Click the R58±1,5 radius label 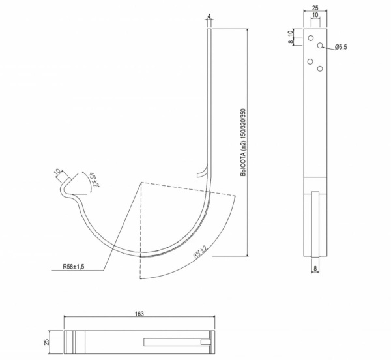pyautogui.click(x=74, y=267)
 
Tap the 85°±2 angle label pyautogui.click(x=201, y=252)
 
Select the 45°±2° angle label pyautogui.click(x=94, y=179)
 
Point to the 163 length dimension pyautogui.click(x=139, y=314)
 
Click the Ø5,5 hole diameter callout pyautogui.click(x=341, y=47)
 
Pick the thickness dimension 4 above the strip pyautogui.click(x=209, y=16)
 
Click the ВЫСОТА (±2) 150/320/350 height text pyautogui.click(x=243, y=142)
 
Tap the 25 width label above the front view pyautogui.click(x=315, y=8)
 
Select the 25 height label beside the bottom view pyautogui.click(x=47, y=342)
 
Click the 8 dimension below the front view pyautogui.click(x=315, y=269)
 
